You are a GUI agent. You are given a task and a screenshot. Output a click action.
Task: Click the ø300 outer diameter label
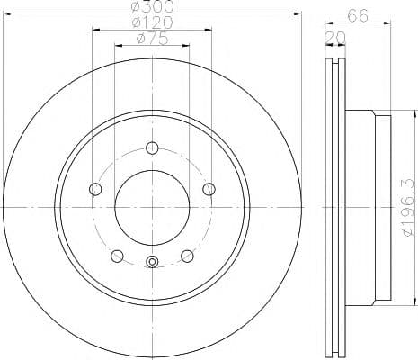point(151,6)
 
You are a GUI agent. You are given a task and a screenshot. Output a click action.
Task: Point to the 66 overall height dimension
point(358,15)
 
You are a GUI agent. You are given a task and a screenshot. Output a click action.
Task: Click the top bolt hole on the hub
point(151,148)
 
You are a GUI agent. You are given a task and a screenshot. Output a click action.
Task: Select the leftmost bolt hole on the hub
point(95,188)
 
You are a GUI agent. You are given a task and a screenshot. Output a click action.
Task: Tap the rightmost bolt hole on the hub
point(209,188)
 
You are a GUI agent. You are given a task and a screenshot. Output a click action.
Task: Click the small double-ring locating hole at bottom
point(151,262)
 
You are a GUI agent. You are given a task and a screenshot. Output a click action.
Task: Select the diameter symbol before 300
point(136,6)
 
